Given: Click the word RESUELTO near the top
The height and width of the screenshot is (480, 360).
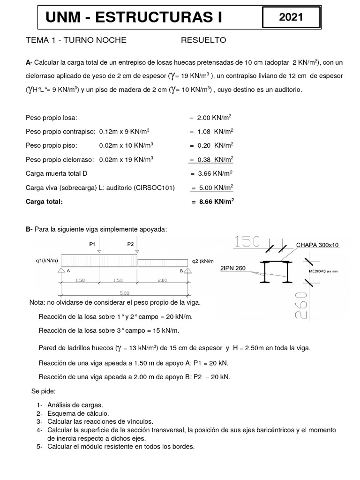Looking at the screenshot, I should tap(203, 40).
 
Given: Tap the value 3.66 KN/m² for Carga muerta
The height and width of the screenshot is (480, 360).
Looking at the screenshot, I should tap(212, 173).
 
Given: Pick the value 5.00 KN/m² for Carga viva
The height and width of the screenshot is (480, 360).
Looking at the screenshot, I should tap(212, 187).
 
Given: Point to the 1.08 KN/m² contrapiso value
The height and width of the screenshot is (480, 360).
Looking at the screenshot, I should tap(212, 132).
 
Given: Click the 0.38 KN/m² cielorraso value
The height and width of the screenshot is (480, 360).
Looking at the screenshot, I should tap(211, 159).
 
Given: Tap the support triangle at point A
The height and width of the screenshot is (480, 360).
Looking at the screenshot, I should tap(61, 270).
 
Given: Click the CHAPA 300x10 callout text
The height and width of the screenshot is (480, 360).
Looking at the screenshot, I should tap(320, 244).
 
